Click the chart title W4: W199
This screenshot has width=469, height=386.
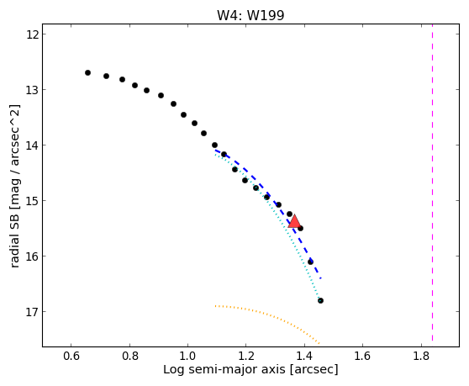tap(250, 15)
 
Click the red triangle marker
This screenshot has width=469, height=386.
tap(294, 221)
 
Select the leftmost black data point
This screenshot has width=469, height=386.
tap(87, 72)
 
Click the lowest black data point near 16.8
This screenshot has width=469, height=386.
tap(320, 300)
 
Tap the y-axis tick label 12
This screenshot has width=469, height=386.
tap(32, 34)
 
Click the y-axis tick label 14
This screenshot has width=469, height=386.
tap(32, 145)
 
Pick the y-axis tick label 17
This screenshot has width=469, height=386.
tap(32, 312)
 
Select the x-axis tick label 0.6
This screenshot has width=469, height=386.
tap(71, 357)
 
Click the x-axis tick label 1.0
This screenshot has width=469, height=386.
tap(187, 357)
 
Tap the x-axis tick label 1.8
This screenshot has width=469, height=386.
tap(421, 357)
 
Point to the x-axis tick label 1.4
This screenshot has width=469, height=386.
tap(304, 357)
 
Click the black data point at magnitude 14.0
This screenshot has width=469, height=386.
tap(214, 145)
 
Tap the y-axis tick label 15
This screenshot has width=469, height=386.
tap(32, 201)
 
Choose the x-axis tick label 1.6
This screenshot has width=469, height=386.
tap(362, 357)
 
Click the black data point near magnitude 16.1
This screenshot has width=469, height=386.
tap(310, 262)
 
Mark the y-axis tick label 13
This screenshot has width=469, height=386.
tap(32, 90)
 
